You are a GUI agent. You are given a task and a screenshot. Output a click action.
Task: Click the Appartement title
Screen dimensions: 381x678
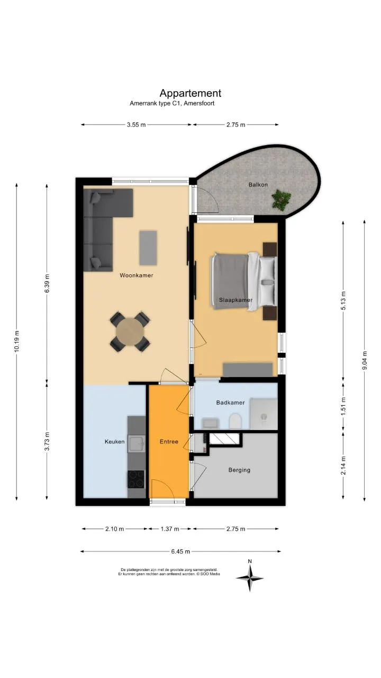tap(190, 93)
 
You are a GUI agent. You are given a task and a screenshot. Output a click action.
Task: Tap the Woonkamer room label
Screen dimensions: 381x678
tap(137, 275)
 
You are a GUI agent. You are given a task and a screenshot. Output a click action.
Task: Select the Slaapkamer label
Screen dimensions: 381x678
tap(236, 300)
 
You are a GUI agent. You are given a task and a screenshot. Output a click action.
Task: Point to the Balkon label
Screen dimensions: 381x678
tap(258, 184)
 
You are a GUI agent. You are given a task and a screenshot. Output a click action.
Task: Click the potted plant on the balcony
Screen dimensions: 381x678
tap(281, 199)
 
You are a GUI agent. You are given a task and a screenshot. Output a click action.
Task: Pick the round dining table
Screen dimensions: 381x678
tap(130, 332)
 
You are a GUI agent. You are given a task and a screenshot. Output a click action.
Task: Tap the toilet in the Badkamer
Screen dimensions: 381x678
tap(235, 421)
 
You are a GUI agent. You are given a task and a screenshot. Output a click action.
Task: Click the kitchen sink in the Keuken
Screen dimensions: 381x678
tap(137, 444)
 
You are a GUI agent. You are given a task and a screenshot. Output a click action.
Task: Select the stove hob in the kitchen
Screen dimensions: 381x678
tap(137, 480)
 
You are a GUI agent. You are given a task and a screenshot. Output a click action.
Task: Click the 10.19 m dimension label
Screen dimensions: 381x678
tap(16, 341)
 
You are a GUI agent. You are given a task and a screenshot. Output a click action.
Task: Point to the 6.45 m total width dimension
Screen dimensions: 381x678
tap(180, 551)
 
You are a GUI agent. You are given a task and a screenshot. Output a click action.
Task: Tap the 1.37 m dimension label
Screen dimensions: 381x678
tap(170, 529)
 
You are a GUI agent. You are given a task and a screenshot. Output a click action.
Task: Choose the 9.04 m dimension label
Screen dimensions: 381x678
tap(365, 360)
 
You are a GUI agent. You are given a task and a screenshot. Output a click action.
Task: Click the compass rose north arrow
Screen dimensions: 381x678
tap(250, 578)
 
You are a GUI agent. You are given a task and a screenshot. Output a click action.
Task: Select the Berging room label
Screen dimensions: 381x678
tap(239, 470)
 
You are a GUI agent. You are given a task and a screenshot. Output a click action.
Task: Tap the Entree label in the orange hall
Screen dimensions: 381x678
tap(169, 442)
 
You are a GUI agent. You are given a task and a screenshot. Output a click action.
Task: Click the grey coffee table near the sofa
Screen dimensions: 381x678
tap(148, 248)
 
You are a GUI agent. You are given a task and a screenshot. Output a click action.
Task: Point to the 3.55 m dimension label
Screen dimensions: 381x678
tap(137, 124)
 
